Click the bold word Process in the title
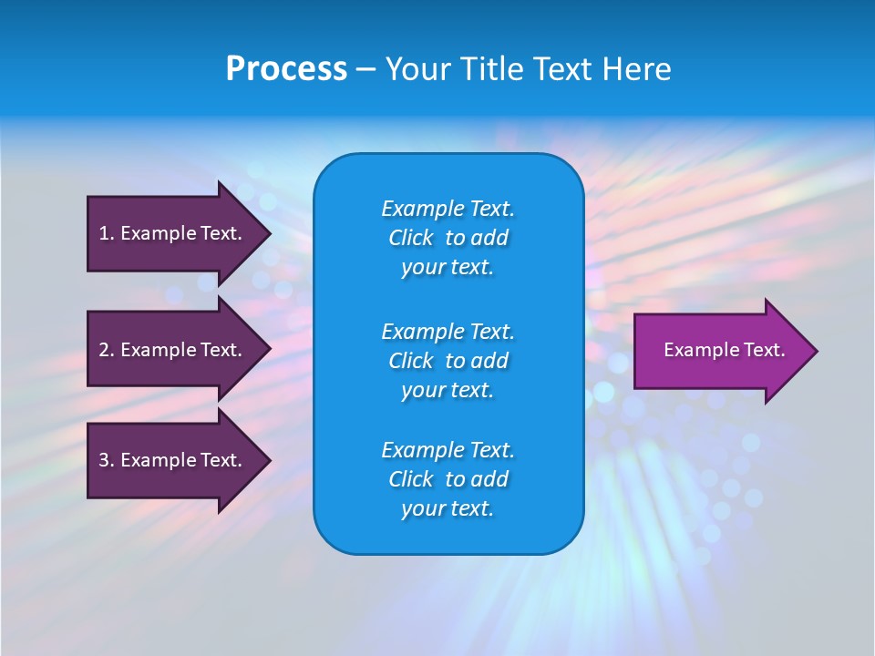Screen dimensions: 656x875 (x=286, y=69)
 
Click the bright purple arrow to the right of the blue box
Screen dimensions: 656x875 (x=720, y=351)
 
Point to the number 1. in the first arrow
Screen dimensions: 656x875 (x=106, y=233)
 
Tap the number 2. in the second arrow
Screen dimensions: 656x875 (x=106, y=350)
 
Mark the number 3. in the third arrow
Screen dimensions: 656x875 (x=106, y=460)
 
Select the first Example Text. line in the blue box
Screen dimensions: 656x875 (x=448, y=209)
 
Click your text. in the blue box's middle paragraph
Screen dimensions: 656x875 (x=448, y=390)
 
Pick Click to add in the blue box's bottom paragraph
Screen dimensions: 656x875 (x=448, y=479)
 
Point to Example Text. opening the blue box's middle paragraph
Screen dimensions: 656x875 (x=448, y=331)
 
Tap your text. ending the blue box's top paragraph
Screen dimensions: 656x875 (x=448, y=267)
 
